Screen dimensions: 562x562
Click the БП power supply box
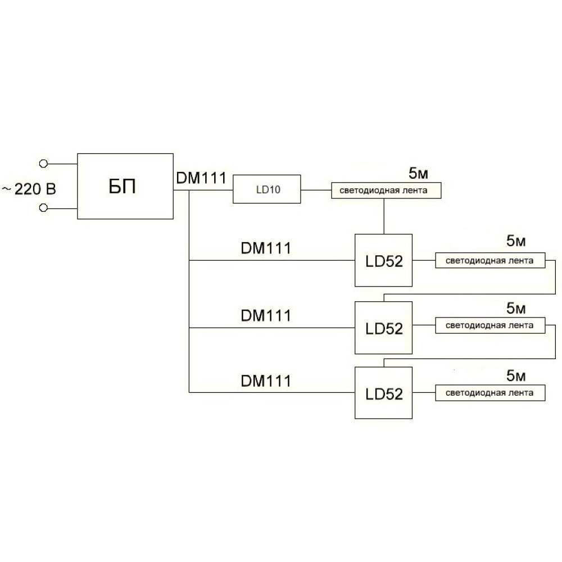click(125, 186)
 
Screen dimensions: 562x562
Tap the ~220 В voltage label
click(29, 189)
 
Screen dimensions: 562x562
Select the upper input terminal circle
click(43, 164)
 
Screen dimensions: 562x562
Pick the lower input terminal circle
click(43, 209)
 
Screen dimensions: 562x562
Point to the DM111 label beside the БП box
click(201, 178)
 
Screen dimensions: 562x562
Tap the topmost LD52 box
click(384, 261)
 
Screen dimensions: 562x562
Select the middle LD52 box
click(384, 328)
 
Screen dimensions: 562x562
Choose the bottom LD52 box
click(384, 393)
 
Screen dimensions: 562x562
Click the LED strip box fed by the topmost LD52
click(490, 261)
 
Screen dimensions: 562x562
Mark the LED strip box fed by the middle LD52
click(490, 325)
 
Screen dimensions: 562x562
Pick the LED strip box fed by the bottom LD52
click(490, 393)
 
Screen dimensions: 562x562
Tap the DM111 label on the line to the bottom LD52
click(266, 381)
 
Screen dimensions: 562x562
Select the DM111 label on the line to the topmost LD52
click(266, 248)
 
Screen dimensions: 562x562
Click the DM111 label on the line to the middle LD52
click(266, 315)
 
